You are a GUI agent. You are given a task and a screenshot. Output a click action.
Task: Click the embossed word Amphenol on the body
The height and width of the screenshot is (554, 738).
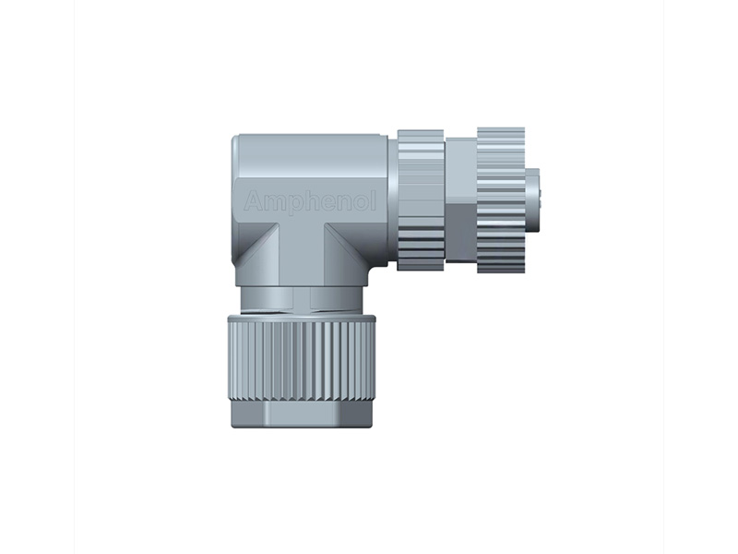point(310,201)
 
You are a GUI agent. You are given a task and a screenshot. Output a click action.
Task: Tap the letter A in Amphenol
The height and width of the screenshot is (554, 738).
point(253,200)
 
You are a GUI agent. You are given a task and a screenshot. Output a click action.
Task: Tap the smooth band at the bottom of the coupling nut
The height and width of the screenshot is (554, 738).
point(303,414)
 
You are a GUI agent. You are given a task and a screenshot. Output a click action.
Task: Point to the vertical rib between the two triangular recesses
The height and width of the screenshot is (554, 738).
point(301,254)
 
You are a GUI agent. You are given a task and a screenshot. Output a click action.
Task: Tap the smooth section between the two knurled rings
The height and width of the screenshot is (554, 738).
point(461,199)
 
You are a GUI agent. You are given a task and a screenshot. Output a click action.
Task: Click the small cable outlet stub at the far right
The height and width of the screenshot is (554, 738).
point(532,196)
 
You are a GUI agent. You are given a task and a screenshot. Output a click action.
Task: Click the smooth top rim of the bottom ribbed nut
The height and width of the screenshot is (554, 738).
point(303,318)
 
